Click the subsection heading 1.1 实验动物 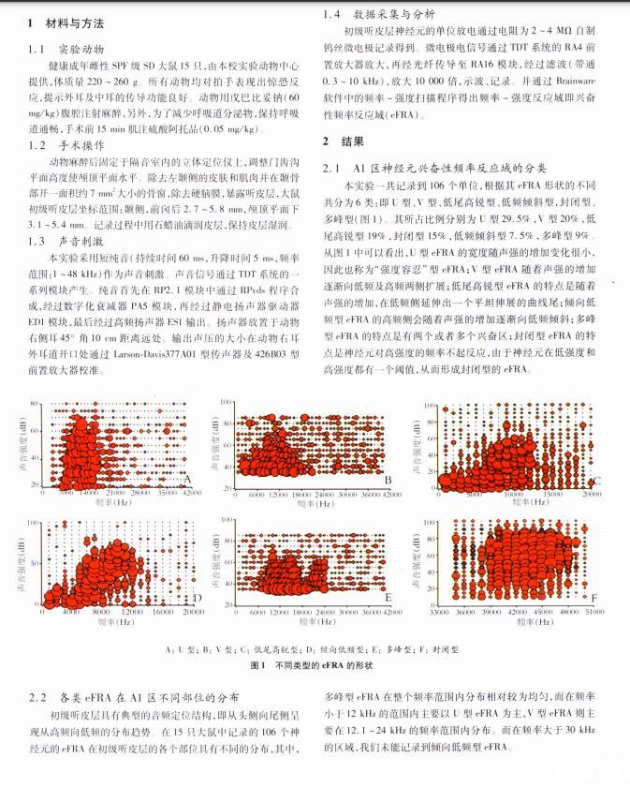(x=66, y=46)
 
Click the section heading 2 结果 (x=340, y=141)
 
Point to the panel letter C (x=597, y=481)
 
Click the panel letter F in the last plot (x=593, y=597)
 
